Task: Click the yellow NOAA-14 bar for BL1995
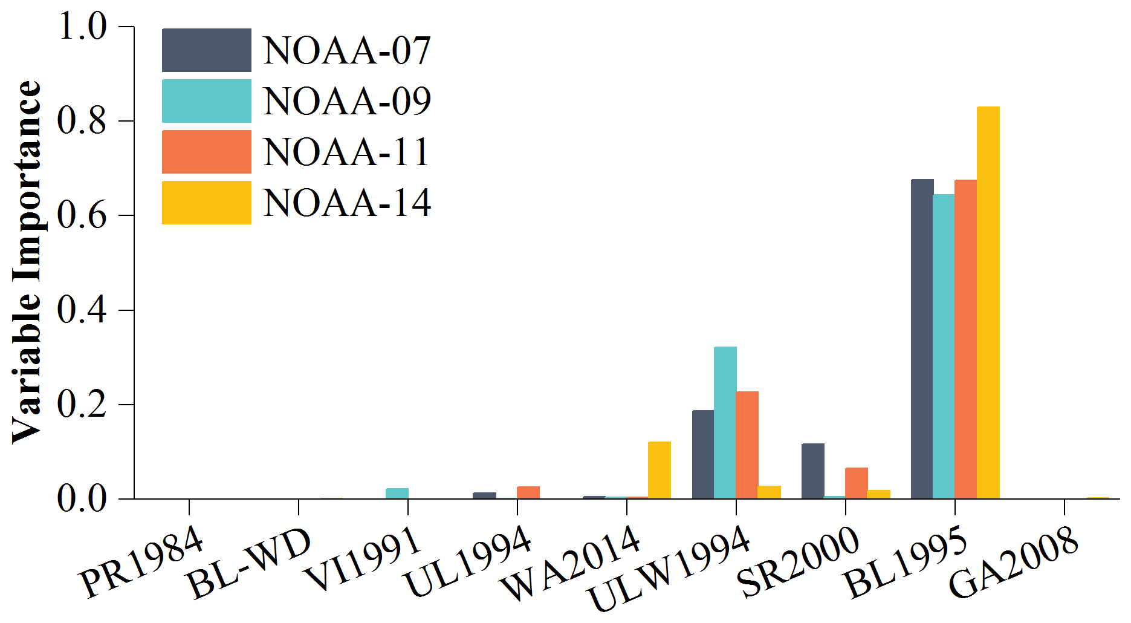988,302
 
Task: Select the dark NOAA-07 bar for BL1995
922,339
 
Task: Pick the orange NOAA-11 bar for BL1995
965,339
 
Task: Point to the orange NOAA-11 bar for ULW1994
747,445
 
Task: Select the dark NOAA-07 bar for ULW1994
703,454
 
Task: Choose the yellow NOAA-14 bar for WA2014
659,470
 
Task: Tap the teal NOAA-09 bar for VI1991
397,493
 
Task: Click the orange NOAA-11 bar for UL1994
528,492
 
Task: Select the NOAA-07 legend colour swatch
206,50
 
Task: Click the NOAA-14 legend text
347,203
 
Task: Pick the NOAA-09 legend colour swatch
206,101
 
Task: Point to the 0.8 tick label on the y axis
82,121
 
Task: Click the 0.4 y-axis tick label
82,310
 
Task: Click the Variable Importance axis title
27,261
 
